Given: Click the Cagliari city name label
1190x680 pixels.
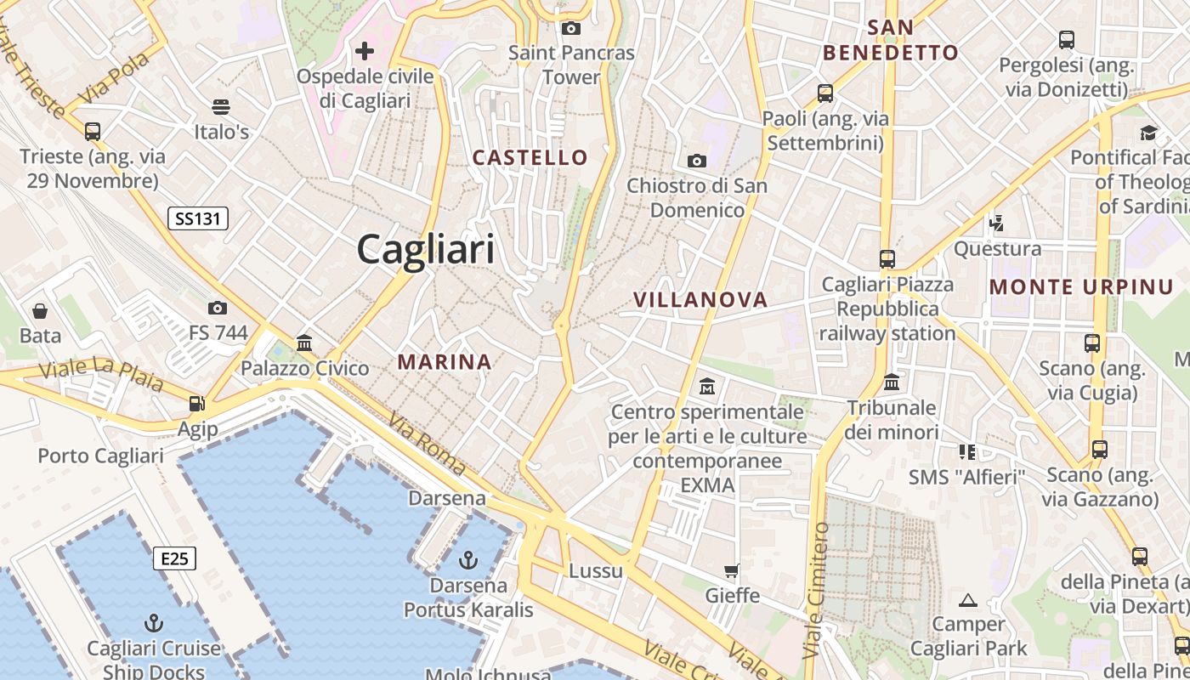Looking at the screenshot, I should click(x=425, y=249).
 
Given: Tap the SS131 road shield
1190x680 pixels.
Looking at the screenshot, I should click(x=197, y=218).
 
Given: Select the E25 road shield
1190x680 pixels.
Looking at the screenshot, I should click(x=174, y=558).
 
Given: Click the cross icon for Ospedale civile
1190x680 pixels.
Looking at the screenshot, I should click(x=365, y=51).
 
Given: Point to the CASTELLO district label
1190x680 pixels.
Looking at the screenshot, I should click(x=530, y=157).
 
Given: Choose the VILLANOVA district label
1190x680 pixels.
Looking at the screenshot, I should click(x=700, y=299).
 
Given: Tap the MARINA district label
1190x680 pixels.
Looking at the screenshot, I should click(x=445, y=362).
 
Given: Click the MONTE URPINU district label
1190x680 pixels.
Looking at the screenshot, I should click(x=1081, y=287).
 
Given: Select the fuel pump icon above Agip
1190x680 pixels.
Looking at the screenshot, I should click(x=197, y=405).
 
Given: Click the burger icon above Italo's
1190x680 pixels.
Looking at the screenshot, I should click(x=221, y=107).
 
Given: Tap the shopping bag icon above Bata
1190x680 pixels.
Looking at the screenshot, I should click(x=40, y=311).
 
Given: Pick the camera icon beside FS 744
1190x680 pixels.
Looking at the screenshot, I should click(x=218, y=308).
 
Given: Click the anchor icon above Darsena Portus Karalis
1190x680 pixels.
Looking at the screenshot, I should click(x=467, y=560).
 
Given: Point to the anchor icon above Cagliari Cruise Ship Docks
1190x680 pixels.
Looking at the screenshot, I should click(x=154, y=623).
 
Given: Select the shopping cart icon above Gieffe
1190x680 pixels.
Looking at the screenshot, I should click(x=732, y=570).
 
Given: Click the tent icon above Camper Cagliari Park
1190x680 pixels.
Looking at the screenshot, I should click(x=967, y=600).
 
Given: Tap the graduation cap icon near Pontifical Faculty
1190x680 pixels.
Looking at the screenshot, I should click(x=1148, y=133).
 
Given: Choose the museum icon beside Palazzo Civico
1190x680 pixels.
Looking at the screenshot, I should click(x=304, y=343).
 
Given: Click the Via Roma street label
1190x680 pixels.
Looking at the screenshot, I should click(x=428, y=443).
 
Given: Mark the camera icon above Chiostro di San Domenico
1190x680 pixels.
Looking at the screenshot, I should click(x=696, y=161).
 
